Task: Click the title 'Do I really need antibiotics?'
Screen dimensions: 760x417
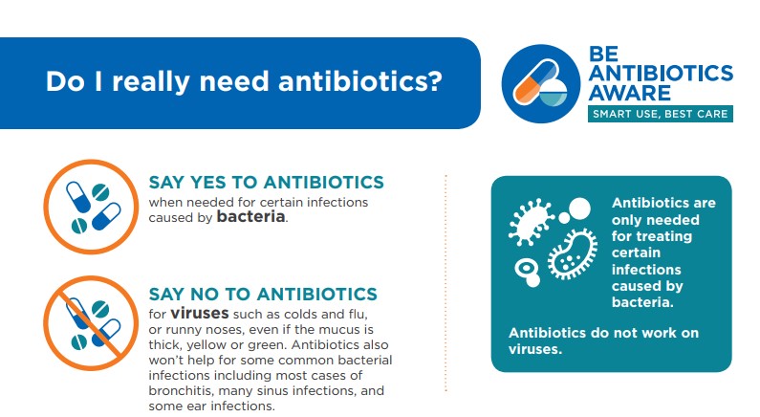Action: [x=244, y=81]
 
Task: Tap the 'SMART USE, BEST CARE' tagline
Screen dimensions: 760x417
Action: [x=661, y=114]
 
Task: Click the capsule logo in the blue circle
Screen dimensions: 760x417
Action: [x=540, y=83]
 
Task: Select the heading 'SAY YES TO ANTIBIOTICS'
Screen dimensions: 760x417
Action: [x=266, y=183]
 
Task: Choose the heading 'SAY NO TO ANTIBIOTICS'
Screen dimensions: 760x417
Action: [x=263, y=295]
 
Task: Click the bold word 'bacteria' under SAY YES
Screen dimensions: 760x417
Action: [x=250, y=216]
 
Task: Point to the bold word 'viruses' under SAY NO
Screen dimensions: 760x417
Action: [x=200, y=314]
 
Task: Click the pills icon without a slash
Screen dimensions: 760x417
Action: [x=91, y=207]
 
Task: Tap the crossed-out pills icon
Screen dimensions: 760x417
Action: [x=91, y=323]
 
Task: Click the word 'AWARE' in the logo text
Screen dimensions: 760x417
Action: [x=630, y=93]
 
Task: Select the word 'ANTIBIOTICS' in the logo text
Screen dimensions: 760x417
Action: [x=662, y=73]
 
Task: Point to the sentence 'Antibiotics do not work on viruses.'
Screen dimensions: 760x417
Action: [x=603, y=340]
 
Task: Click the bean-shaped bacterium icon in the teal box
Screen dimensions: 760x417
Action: [x=573, y=254]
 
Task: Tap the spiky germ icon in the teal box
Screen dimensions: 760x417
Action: [x=531, y=221]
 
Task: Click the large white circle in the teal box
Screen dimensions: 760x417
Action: [x=579, y=209]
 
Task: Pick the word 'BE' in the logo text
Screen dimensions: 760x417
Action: [x=603, y=54]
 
